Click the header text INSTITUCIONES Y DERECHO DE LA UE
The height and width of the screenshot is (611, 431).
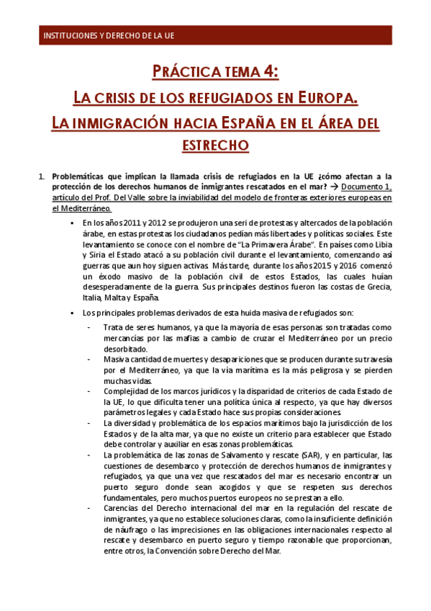109,35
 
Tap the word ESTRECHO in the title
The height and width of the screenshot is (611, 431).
215,145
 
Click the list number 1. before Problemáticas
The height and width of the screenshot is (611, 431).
41,175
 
